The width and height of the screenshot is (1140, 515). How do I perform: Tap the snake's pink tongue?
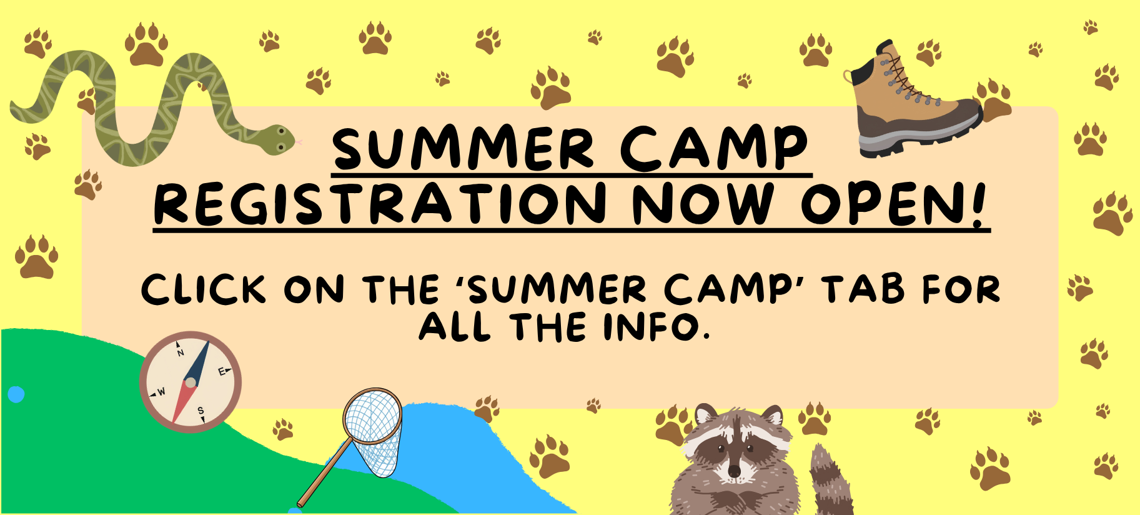coord(299,142)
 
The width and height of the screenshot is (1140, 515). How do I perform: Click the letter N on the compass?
coord(181,352)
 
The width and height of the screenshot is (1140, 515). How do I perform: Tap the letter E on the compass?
coord(222,371)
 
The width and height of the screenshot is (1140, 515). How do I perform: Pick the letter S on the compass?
coord(201,411)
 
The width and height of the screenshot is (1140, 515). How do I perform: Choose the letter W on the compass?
coord(161,392)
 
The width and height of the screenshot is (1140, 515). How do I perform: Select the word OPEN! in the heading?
coord(893,204)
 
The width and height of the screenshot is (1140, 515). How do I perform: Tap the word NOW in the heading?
coord(703,204)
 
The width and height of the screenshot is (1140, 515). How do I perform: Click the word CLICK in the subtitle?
coord(204,290)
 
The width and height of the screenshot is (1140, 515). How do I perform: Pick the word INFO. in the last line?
coord(656,327)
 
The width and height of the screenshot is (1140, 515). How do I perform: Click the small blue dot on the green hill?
coord(16,394)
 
